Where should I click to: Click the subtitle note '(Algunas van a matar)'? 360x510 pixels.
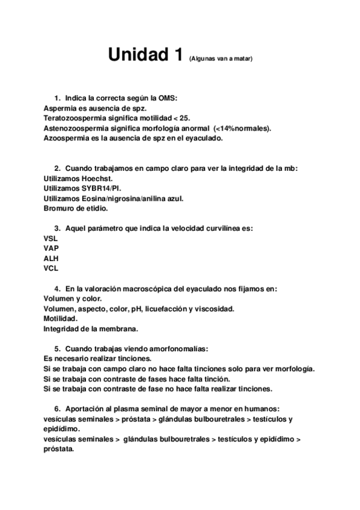tap(221, 59)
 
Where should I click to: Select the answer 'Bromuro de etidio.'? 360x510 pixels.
tap(76, 209)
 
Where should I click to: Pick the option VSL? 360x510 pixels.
tap(51, 239)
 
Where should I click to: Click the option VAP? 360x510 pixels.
tap(51, 248)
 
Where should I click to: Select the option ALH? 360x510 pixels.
tap(51, 259)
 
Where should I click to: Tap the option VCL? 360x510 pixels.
tap(51, 269)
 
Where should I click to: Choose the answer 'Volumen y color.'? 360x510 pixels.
tap(73, 299)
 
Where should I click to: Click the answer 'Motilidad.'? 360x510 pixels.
tap(60, 319)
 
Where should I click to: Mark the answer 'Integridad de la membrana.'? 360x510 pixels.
tap(91, 329)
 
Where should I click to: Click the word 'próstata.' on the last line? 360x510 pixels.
tap(59, 449)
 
